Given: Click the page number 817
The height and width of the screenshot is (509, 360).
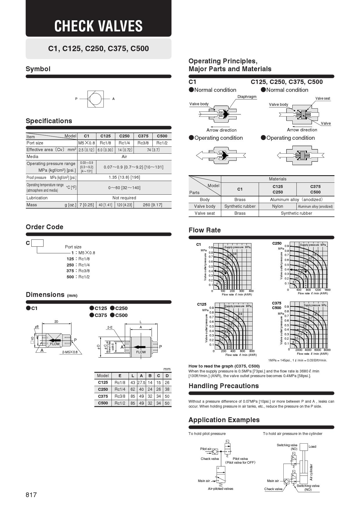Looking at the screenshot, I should pyautogui.click(x=31, y=495).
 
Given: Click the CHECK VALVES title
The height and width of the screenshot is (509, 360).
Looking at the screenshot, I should pyautogui.click(x=98, y=26).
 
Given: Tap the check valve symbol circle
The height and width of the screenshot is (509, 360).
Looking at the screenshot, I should pyautogui.click(x=96, y=99).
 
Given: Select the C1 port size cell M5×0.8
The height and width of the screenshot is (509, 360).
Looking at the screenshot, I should pyautogui.click(x=87, y=143).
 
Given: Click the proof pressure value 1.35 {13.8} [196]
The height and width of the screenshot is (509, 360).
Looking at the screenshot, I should pyautogui.click(x=124, y=177).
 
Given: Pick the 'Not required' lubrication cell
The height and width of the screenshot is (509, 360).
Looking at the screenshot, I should pyautogui.click(x=124, y=198).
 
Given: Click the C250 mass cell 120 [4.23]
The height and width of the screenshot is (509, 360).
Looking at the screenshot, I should pyautogui.click(x=124, y=205).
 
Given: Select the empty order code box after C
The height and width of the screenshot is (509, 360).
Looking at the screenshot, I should pyautogui.click(x=37, y=243).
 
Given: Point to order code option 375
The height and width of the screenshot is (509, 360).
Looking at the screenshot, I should pyautogui.click(x=70, y=271).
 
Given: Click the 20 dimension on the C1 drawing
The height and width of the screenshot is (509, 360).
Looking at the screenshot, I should pyautogui.click(x=56, y=322).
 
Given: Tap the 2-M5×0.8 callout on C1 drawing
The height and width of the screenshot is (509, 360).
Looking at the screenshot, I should pyautogui.click(x=70, y=352).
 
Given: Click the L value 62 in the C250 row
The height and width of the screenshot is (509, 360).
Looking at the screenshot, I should pyautogui.click(x=133, y=389).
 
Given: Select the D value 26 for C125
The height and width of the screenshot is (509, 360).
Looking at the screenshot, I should pyautogui.click(x=167, y=383).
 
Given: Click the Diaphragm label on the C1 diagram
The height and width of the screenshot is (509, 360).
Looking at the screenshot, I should pyautogui.click(x=247, y=97).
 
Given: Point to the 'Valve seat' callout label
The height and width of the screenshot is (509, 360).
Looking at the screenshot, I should pyautogui.click(x=323, y=98).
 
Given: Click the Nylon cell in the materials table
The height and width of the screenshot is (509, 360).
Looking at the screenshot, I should pyautogui.click(x=278, y=206).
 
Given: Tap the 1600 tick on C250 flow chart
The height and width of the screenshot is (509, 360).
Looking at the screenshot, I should pyautogui.click(x=327, y=290).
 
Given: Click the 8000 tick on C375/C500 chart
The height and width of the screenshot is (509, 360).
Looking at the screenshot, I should pyautogui.click(x=327, y=350).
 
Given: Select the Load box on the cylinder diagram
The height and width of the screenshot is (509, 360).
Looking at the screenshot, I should pyautogui.click(x=304, y=447).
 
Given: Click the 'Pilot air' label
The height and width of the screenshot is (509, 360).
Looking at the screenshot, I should pyautogui.click(x=206, y=449).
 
